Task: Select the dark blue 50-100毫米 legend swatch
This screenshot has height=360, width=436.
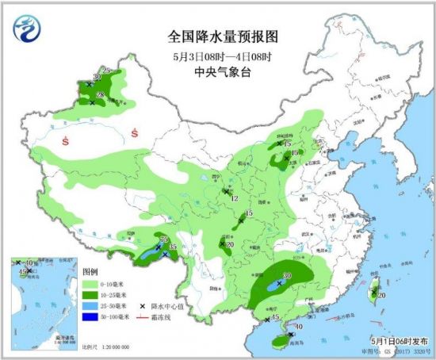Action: (x=89, y=316)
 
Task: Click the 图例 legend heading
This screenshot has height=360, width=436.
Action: (x=90, y=271)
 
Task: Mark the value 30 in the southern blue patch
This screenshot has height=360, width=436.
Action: (x=288, y=276)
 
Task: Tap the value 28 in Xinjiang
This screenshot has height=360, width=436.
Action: (x=100, y=96)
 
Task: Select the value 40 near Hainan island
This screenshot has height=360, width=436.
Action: (x=299, y=326)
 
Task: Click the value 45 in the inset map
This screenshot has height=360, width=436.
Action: (x=22, y=272)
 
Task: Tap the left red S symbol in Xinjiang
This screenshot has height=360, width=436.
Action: (x=63, y=144)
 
